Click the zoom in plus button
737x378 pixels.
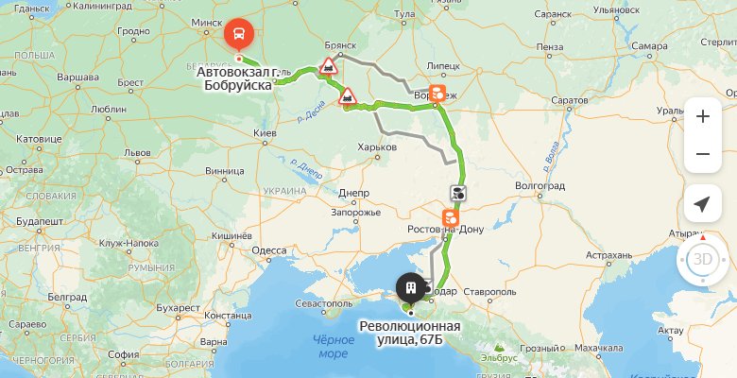pyautogui.click(x=702, y=117)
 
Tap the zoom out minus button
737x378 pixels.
pyautogui.click(x=702, y=154)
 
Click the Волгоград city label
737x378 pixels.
pyautogui.click(x=540, y=186)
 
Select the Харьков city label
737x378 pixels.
pyautogui.click(x=376, y=146)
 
